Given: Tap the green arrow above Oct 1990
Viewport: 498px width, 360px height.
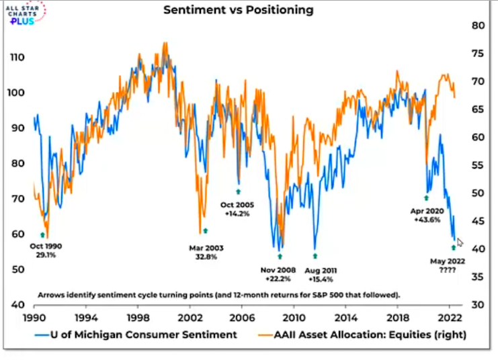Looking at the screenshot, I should (x=42, y=235).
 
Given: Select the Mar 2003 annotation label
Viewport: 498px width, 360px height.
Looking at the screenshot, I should (x=206, y=248).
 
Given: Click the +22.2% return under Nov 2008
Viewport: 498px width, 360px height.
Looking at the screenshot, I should (x=278, y=279).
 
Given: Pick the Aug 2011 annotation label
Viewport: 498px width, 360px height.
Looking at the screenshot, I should (x=321, y=270).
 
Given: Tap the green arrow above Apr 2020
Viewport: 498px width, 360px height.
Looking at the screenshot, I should (x=426, y=197).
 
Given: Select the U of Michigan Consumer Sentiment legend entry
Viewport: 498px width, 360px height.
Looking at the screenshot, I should (x=138, y=334).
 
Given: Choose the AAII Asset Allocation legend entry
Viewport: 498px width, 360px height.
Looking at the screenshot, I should (x=364, y=334).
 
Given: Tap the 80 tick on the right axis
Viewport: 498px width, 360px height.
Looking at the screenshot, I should (x=479, y=26).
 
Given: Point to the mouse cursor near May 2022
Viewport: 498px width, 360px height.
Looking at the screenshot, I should (x=460, y=242).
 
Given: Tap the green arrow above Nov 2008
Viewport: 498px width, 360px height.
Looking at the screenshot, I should (x=280, y=257).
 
